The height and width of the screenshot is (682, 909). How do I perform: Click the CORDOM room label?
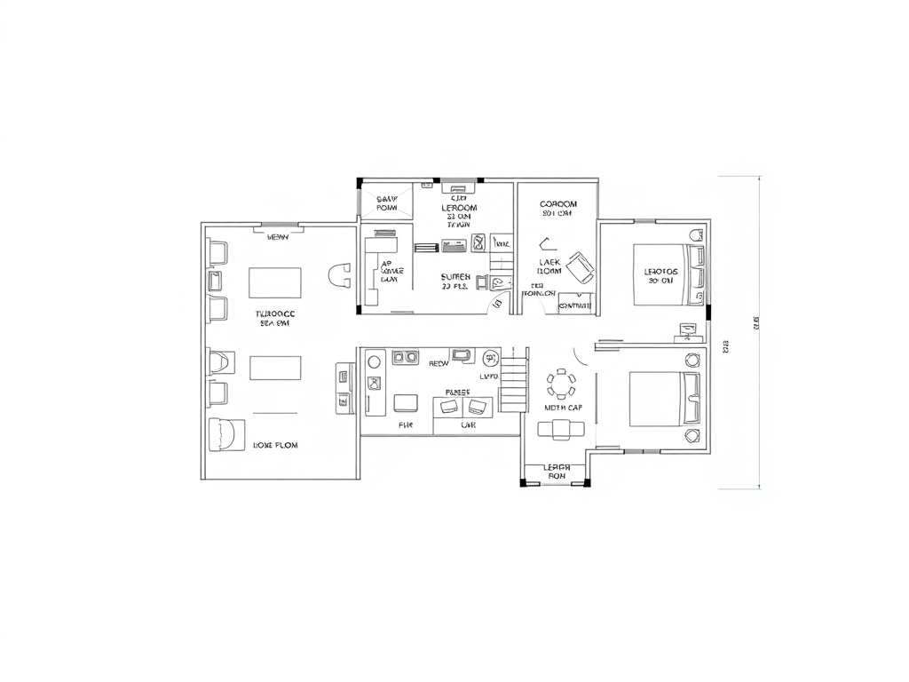click(557, 204)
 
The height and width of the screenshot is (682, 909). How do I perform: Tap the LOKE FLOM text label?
click(275, 445)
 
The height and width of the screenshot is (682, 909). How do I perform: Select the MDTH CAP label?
click(563, 408)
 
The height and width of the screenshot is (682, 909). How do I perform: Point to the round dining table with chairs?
click(561, 385)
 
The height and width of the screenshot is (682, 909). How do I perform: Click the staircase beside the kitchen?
click(513, 379)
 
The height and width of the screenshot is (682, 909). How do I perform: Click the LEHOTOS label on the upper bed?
click(661, 272)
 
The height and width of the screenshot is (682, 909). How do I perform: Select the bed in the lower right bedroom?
click(664, 398)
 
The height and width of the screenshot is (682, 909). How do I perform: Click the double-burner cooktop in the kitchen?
click(405, 358)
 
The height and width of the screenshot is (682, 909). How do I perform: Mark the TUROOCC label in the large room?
click(275, 314)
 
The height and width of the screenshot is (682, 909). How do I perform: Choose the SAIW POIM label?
click(387, 203)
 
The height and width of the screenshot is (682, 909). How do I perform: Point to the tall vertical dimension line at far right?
click(759, 332)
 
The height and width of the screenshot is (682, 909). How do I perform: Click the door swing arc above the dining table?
click(581, 353)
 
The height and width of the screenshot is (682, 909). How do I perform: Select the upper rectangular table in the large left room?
click(275, 282)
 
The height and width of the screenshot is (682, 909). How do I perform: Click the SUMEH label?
click(455, 277)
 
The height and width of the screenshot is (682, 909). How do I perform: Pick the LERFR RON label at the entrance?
click(556, 472)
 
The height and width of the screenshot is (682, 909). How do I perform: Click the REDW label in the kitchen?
click(439, 363)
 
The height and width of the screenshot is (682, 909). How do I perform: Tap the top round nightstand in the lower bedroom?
click(692, 360)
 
